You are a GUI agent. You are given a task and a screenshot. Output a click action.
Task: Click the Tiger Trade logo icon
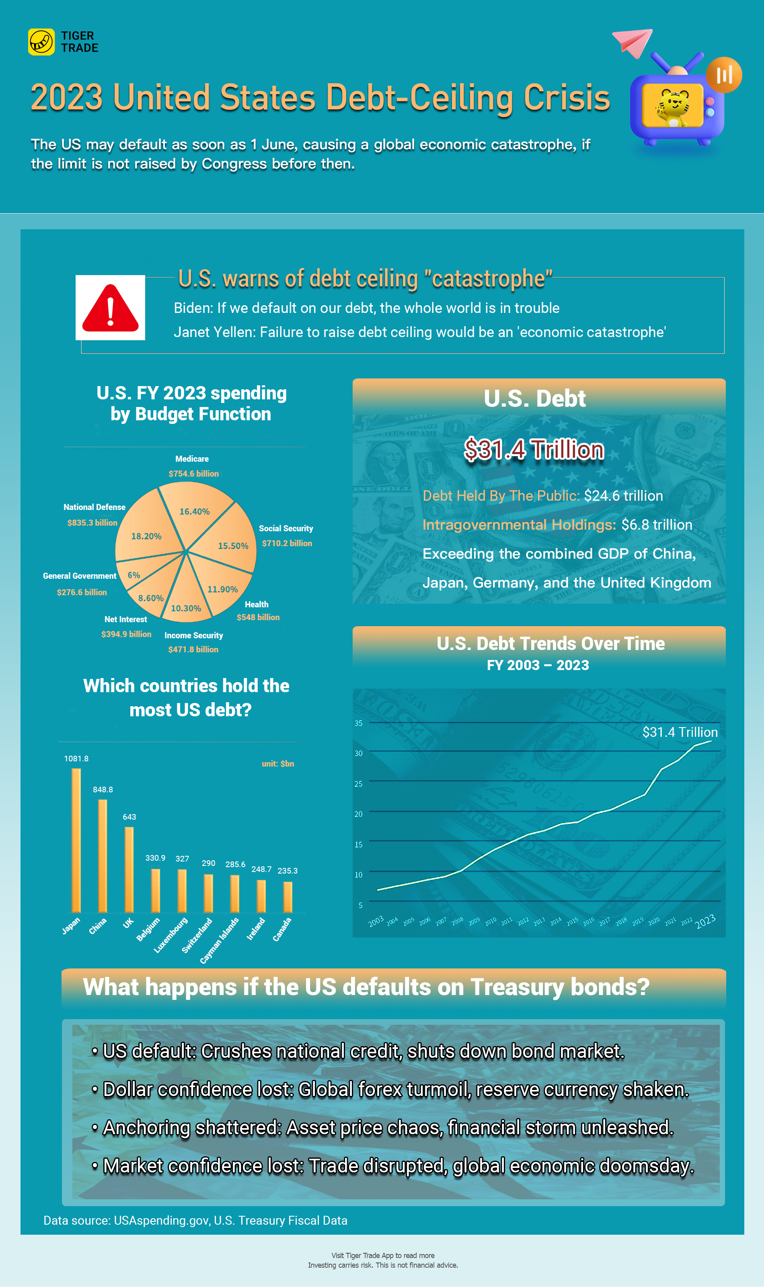pos(41,42)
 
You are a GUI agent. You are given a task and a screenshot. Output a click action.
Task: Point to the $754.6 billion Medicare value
pos(193,474)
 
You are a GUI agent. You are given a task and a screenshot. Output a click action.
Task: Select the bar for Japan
pos(76,840)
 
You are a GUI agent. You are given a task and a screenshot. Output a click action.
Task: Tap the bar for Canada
pos(288,897)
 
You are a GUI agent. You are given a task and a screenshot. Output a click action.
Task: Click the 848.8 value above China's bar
pos(103,789)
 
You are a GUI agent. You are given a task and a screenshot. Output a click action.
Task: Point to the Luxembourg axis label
pos(171,935)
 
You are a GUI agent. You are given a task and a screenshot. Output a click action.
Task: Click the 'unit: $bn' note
pos(277,763)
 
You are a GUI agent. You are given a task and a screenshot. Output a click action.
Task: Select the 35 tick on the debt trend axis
pos(358,723)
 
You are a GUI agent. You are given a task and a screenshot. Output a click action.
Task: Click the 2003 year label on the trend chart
pos(376,921)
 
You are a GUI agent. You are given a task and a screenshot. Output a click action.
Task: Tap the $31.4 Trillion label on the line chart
pos(680,732)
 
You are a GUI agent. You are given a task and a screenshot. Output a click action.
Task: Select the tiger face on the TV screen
pos(672,103)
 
